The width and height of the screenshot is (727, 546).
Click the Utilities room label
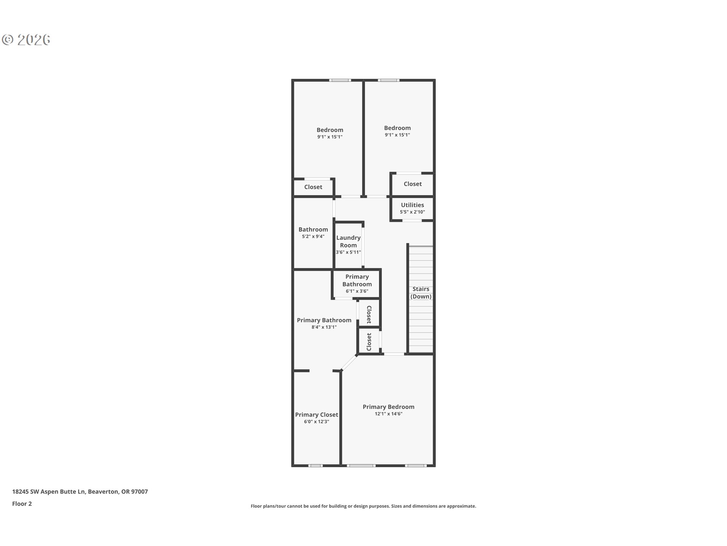[412, 205]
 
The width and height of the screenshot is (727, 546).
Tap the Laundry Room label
[348, 242]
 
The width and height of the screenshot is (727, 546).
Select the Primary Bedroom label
[388, 407]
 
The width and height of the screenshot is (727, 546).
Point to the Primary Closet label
[317, 415]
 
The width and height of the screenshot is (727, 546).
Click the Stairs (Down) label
[421, 293]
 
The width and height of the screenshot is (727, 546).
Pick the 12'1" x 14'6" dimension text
[388, 414]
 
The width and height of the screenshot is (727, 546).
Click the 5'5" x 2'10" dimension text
[412, 212]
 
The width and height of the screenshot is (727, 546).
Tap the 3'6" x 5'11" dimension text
[348, 253]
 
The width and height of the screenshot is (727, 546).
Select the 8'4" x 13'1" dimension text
[324, 327]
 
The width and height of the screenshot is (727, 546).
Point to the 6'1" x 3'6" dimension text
[357, 292]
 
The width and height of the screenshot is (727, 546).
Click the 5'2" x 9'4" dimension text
[313, 237]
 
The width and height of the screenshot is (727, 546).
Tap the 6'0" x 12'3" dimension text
[317, 422]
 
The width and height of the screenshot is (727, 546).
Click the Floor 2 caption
[22, 504]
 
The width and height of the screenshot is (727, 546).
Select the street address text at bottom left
[80, 492]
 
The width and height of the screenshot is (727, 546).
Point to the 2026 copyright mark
[27, 40]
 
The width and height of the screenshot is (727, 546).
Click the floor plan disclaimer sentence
[363, 506]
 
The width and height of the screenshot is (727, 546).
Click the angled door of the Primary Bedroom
[349, 362]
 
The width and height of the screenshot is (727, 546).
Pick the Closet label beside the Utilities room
[412, 184]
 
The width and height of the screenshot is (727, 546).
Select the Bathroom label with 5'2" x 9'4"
[313, 229]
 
